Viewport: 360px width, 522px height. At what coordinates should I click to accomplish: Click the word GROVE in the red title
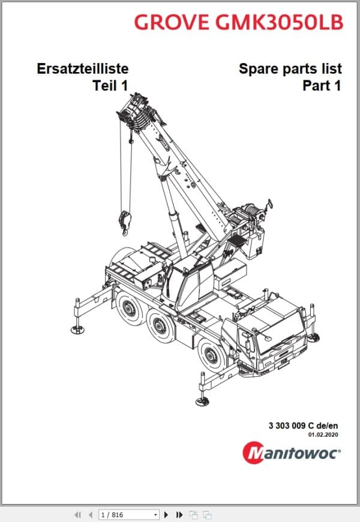(x=169, y=22)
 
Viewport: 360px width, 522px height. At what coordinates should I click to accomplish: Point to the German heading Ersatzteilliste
(x=82, y=69)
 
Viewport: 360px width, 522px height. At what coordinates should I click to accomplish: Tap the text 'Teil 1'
(x=110, y=86)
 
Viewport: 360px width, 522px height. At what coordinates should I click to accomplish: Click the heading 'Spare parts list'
(x=290, y=69)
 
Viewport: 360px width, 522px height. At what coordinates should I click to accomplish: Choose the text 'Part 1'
(x=322, y=86)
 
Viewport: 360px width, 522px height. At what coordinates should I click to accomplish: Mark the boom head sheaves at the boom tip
(x=136, y=114)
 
